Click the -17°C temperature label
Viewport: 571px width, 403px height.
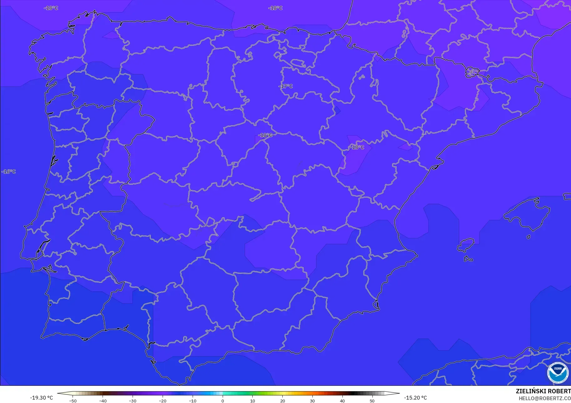coord(285,86)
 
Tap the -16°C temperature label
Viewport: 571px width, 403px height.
coord(9,172)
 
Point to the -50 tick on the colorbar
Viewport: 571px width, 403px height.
coord(73,400)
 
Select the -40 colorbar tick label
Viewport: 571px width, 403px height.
coord(103,400)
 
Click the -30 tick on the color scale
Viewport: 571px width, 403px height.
coord(133,400)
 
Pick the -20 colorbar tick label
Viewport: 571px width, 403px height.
coord(163,400)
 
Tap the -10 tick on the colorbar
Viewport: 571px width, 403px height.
coord(193,400)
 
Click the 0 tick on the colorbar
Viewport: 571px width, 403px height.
coord(223,400)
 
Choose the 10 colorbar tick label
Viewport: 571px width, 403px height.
coord(252,400)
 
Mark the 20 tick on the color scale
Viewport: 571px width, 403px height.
coord(282,400)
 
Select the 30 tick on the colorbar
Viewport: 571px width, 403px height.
coord(312,400)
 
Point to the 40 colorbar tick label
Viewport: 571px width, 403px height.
coord(342,400)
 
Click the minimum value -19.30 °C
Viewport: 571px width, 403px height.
coord(42,398)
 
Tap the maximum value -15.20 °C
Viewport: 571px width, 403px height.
coord(415,398)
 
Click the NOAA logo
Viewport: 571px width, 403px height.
coord(558,373)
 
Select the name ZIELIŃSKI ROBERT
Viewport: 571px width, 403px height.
coord(543,391)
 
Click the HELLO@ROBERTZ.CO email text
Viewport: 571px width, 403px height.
coord(544,398)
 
